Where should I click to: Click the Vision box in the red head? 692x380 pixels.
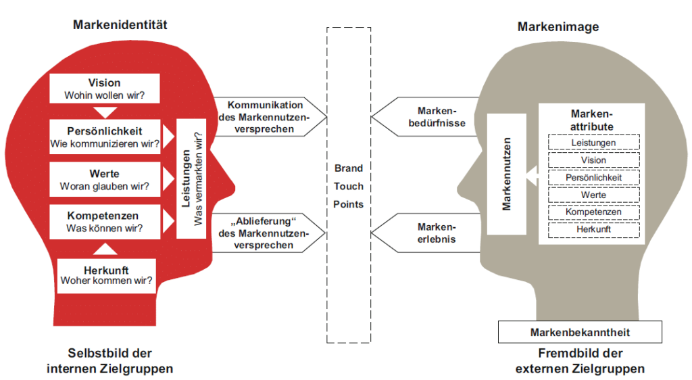pyautogui.click(x=105, y=89)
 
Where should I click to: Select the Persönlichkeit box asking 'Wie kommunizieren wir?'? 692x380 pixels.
pyautogui.click(x=105, y=136)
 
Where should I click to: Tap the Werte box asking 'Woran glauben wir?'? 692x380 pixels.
pyautogui.click(x=105, y=180)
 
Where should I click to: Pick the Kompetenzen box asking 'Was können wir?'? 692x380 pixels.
pyautogui.click(x=105, y=222)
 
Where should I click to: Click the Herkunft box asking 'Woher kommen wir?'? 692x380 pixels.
pyautogui.click(x=106, y=275)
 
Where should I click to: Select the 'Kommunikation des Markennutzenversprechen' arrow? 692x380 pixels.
pyautogui.click(x=266, y=116)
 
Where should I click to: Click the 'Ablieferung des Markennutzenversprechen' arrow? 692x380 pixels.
pyautogui.click(x=266, y=233)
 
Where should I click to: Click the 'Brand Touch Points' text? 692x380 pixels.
pyautogui.click(x=349, y=186)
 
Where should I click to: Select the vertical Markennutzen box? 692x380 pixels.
pyautogui.click(x=506, y=174)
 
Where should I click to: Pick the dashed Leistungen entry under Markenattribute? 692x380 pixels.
pyautogui.click(x=593, y=143)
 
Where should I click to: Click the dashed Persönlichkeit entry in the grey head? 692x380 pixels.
pyautogui.click(x=593, y=178)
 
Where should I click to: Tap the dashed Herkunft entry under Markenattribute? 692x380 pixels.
pyautogui.click(x=593, y=230)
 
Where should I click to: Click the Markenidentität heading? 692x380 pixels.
pyautogui.click(x=120, y=25)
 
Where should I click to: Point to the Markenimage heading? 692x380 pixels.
pyautogui.click(x=558, y=27)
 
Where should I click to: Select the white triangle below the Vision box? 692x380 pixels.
pyautogui.click(x=105, y=112)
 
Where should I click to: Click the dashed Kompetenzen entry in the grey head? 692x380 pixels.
pyautogui.click(x=593, y=212)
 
